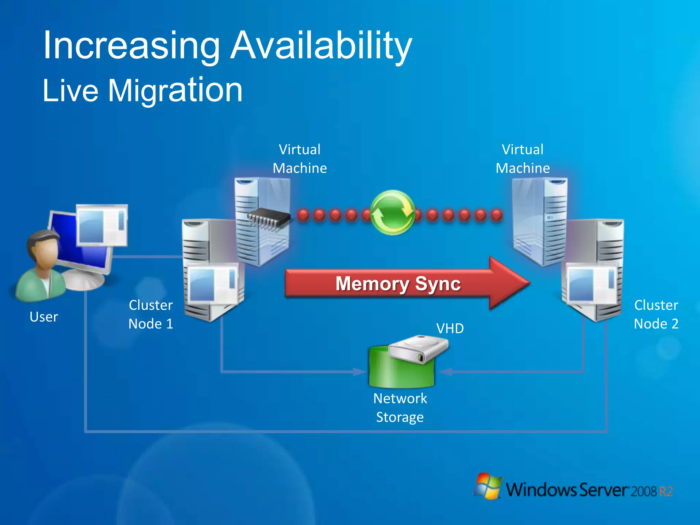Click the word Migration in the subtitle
(x=175, y=91)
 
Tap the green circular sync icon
(x=393, y=213)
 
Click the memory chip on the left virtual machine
(x=268, y=219)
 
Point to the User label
(x=44, y=317)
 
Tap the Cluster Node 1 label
(x=151, y=314)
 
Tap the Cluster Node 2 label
(x=656, y=314)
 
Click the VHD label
(x=450, y=328)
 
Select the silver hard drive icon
(x=418, y=349)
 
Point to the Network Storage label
(x=400, y=408)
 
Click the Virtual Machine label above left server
(x=300, y=159)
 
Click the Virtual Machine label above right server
(x=523, y=159)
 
